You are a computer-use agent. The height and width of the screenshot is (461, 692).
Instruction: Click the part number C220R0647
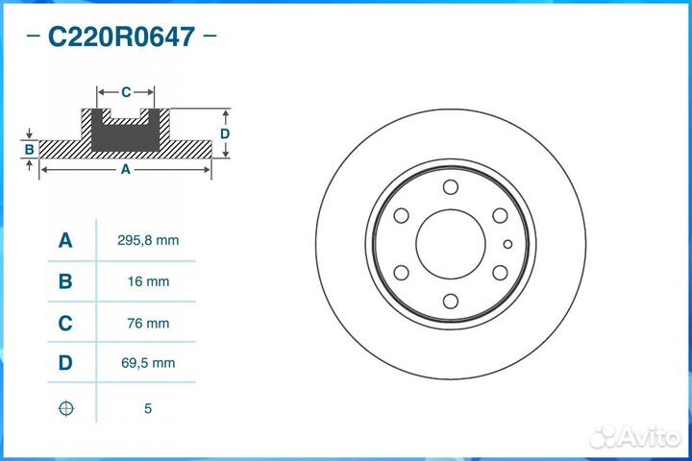coord(121,36)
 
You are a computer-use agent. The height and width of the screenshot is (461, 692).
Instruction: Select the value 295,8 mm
coord(148,240)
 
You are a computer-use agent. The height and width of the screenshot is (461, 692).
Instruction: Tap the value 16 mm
coord(148,281)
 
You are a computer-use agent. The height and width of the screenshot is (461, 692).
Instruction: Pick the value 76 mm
coord(148,324)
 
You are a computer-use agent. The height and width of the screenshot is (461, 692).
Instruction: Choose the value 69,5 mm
coord(148,363)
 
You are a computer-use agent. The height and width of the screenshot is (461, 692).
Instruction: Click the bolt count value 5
coord(148,408)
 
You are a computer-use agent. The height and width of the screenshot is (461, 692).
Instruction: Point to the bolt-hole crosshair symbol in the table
coord(66,408)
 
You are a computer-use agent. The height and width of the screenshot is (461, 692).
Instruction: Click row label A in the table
coord(65,240)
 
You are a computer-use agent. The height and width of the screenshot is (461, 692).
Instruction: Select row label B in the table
coord(65,281)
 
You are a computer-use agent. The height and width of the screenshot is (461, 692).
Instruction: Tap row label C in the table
coord(65,324)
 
